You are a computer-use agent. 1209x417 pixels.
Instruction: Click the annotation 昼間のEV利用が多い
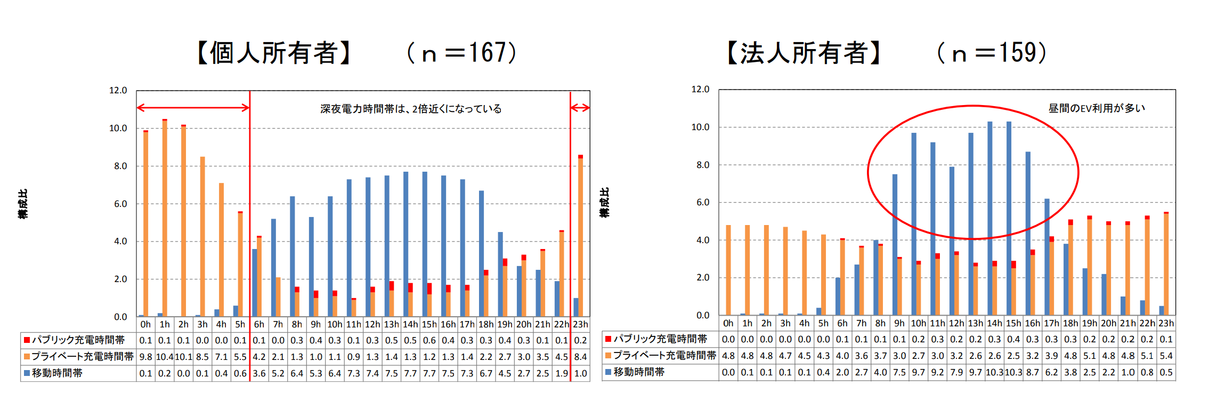1097,108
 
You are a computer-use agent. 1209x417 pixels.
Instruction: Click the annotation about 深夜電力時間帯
411,109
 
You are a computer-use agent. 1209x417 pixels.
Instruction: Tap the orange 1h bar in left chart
165,219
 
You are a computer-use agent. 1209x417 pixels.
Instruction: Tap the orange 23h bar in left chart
580,237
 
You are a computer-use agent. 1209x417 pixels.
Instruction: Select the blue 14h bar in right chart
990,219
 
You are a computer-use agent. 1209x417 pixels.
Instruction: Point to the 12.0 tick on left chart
118,91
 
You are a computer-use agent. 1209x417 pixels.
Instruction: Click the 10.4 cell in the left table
165,357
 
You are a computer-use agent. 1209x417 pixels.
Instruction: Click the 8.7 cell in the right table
1033,372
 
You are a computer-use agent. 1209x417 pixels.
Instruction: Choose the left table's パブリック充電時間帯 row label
78,340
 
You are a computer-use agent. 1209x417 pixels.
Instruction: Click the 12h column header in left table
372,324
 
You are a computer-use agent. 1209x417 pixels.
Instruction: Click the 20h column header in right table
1109,323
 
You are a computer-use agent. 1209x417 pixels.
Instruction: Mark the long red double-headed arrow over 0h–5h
193,108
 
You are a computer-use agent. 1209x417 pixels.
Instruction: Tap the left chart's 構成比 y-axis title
23,204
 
